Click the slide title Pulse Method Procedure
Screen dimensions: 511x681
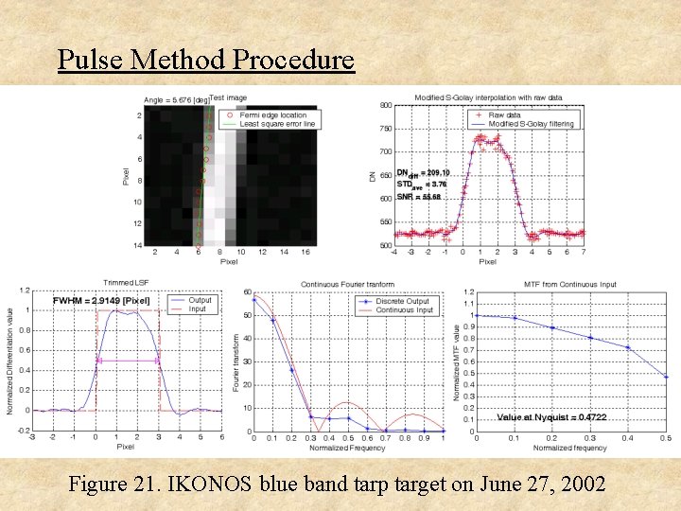point(205,60)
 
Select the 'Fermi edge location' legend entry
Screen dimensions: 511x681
point(272,115)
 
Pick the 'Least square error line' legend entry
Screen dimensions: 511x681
point(277,124)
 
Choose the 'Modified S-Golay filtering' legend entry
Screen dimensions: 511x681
point(531,124)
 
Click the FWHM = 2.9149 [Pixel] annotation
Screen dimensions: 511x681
point(101,301)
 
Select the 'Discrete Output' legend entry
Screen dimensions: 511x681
point(403,301)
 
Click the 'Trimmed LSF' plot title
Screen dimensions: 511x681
point(126,283)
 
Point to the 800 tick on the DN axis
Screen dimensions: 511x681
point(385,105)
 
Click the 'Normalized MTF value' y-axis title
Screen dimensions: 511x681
point(457,361)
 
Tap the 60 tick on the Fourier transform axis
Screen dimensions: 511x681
point(247,292)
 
